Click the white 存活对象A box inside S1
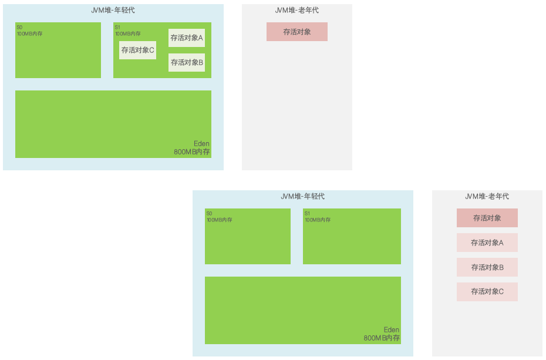(187, 38)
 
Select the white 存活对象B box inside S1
(187, 62)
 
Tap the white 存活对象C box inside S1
(137, 50)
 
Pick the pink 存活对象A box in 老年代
(487, 243)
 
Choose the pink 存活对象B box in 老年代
(487, 267)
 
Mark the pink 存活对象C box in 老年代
(487, 291)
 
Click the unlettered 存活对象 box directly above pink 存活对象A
(487, 218)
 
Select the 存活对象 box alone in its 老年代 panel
(297, 32)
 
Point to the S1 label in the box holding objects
(117, 28)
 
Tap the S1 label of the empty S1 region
(307, 214)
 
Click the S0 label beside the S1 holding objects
(19, 28)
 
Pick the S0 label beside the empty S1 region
(209, 214)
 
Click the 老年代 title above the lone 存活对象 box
(297, 10)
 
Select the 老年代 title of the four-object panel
(487, 196)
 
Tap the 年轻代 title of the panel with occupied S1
(113, 10)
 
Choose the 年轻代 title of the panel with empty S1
(303, 196)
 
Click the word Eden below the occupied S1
(201, 144)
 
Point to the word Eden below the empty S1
(391, 330)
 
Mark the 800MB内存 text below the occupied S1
(192, 152)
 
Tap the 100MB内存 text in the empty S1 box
(318, 220)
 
